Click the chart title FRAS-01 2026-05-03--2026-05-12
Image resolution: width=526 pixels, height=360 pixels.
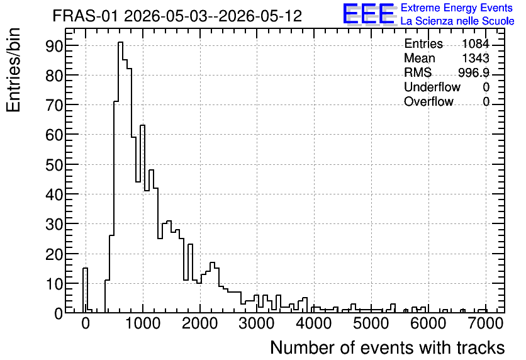(177, 16)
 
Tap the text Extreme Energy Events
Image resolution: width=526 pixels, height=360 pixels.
(457, 8)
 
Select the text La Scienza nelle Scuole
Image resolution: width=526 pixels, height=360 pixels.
(457, 21)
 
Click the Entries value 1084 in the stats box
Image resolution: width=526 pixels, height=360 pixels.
(475, 43)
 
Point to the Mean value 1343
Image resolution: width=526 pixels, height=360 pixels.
(475, 58)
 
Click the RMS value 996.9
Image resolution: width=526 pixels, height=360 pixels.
(473, 72)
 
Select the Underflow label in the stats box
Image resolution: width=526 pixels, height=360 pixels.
(432, 87)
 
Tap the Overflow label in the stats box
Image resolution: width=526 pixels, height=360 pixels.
(428, 101)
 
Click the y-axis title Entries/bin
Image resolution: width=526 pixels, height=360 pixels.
(13, 70)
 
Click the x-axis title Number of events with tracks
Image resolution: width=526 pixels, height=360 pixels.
(388, 348)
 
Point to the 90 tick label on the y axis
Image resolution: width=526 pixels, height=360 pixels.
(54, 46)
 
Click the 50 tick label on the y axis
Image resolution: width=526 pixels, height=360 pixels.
(54, 165)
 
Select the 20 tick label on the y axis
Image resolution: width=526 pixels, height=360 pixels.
(54, 254)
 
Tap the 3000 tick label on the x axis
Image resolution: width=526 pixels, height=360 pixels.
(257, 323)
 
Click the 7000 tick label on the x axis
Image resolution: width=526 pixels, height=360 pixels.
(484, 323)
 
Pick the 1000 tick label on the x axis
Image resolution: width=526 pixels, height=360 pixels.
(143, 323)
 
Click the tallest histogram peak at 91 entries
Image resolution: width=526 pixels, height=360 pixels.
(120, 42)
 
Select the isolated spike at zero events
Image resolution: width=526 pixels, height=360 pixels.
(85, 268)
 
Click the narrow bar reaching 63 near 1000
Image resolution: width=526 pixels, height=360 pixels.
(142, 125)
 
